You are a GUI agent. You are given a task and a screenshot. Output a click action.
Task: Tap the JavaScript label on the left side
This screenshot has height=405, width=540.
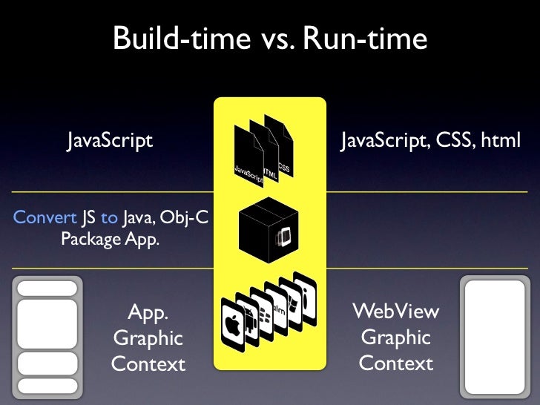pyautogui.click(x=111, y=140)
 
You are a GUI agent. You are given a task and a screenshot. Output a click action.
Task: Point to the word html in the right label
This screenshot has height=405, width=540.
pyautogui.click(x=500, y=140)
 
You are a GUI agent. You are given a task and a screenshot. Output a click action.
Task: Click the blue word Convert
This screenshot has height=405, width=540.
pyautogui.click(x=45, y=217)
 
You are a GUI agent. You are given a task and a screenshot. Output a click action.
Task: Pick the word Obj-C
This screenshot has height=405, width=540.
pyautogui.click(x=182, y=217)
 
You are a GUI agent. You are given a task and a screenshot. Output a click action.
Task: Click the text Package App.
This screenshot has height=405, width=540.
pyautogui.click(x=110, y=240)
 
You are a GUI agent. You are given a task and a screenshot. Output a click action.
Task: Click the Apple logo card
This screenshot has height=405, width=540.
pyautogui.click(x=233, y=326)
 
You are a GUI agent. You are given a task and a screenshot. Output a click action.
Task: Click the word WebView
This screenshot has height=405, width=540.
pyautogui.click(x=396, y=311)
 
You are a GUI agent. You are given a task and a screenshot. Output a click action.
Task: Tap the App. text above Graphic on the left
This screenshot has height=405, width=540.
pyautogui.click(x=148, y=312)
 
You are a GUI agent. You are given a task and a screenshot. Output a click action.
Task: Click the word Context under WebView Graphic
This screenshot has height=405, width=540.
pyautogui.click(x=396, y=363)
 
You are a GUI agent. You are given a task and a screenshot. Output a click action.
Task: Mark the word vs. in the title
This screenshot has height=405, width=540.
pyautogui.click(x=279, y=39)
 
